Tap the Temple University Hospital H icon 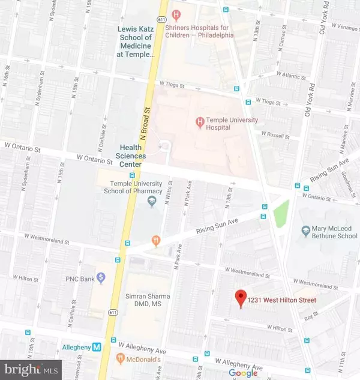199,124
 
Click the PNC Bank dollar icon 101,277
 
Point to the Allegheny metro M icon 97,347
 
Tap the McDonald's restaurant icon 120,358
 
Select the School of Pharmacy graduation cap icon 151,202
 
